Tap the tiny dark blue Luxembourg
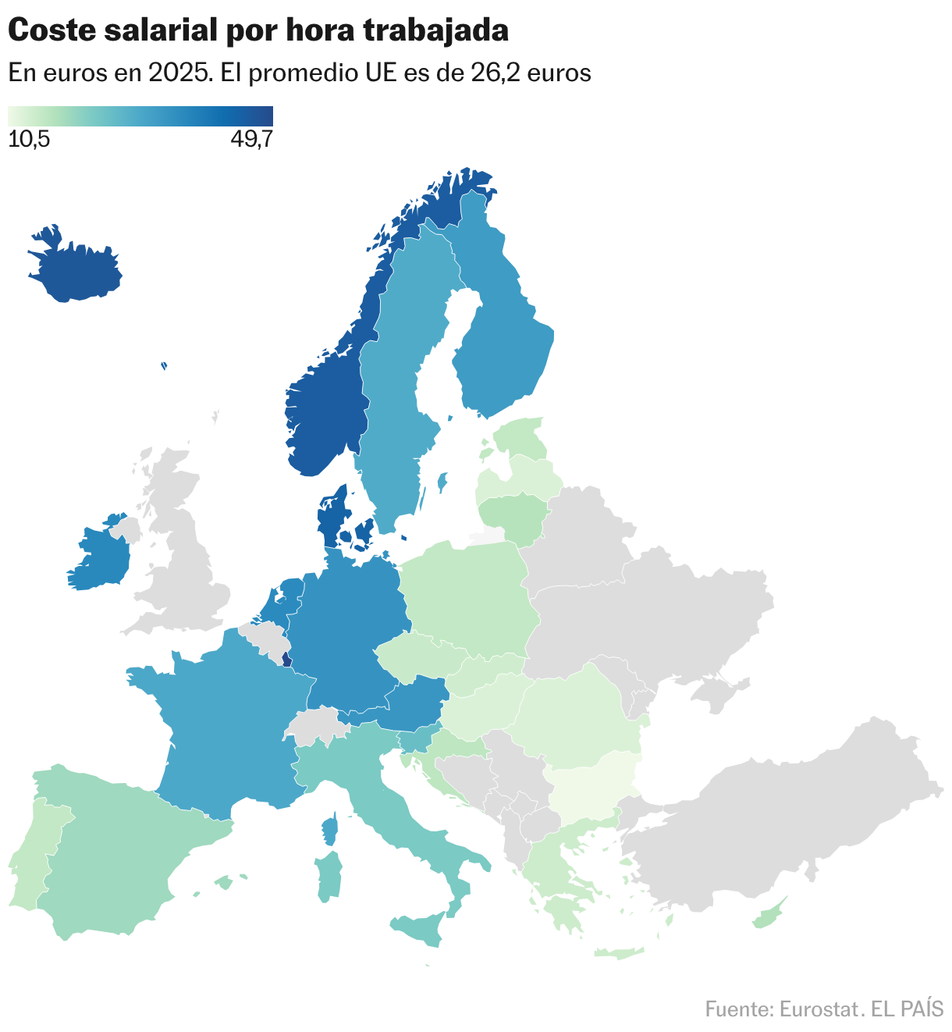pyautogui.click(x=286, y=660)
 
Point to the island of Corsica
pyautogui.click(x=330, y=829)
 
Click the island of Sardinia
pyautogui.click(x=329, y=877)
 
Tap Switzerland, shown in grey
pyautogui.click(x=317, y=726)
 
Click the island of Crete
pyautogui.click(x=618, y=952)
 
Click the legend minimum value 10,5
pyautogui.click(x=29, y=140)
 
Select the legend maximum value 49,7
pyautogui.click(x=251, y=140)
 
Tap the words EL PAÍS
pyautogui.click(x=907, y=1009)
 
